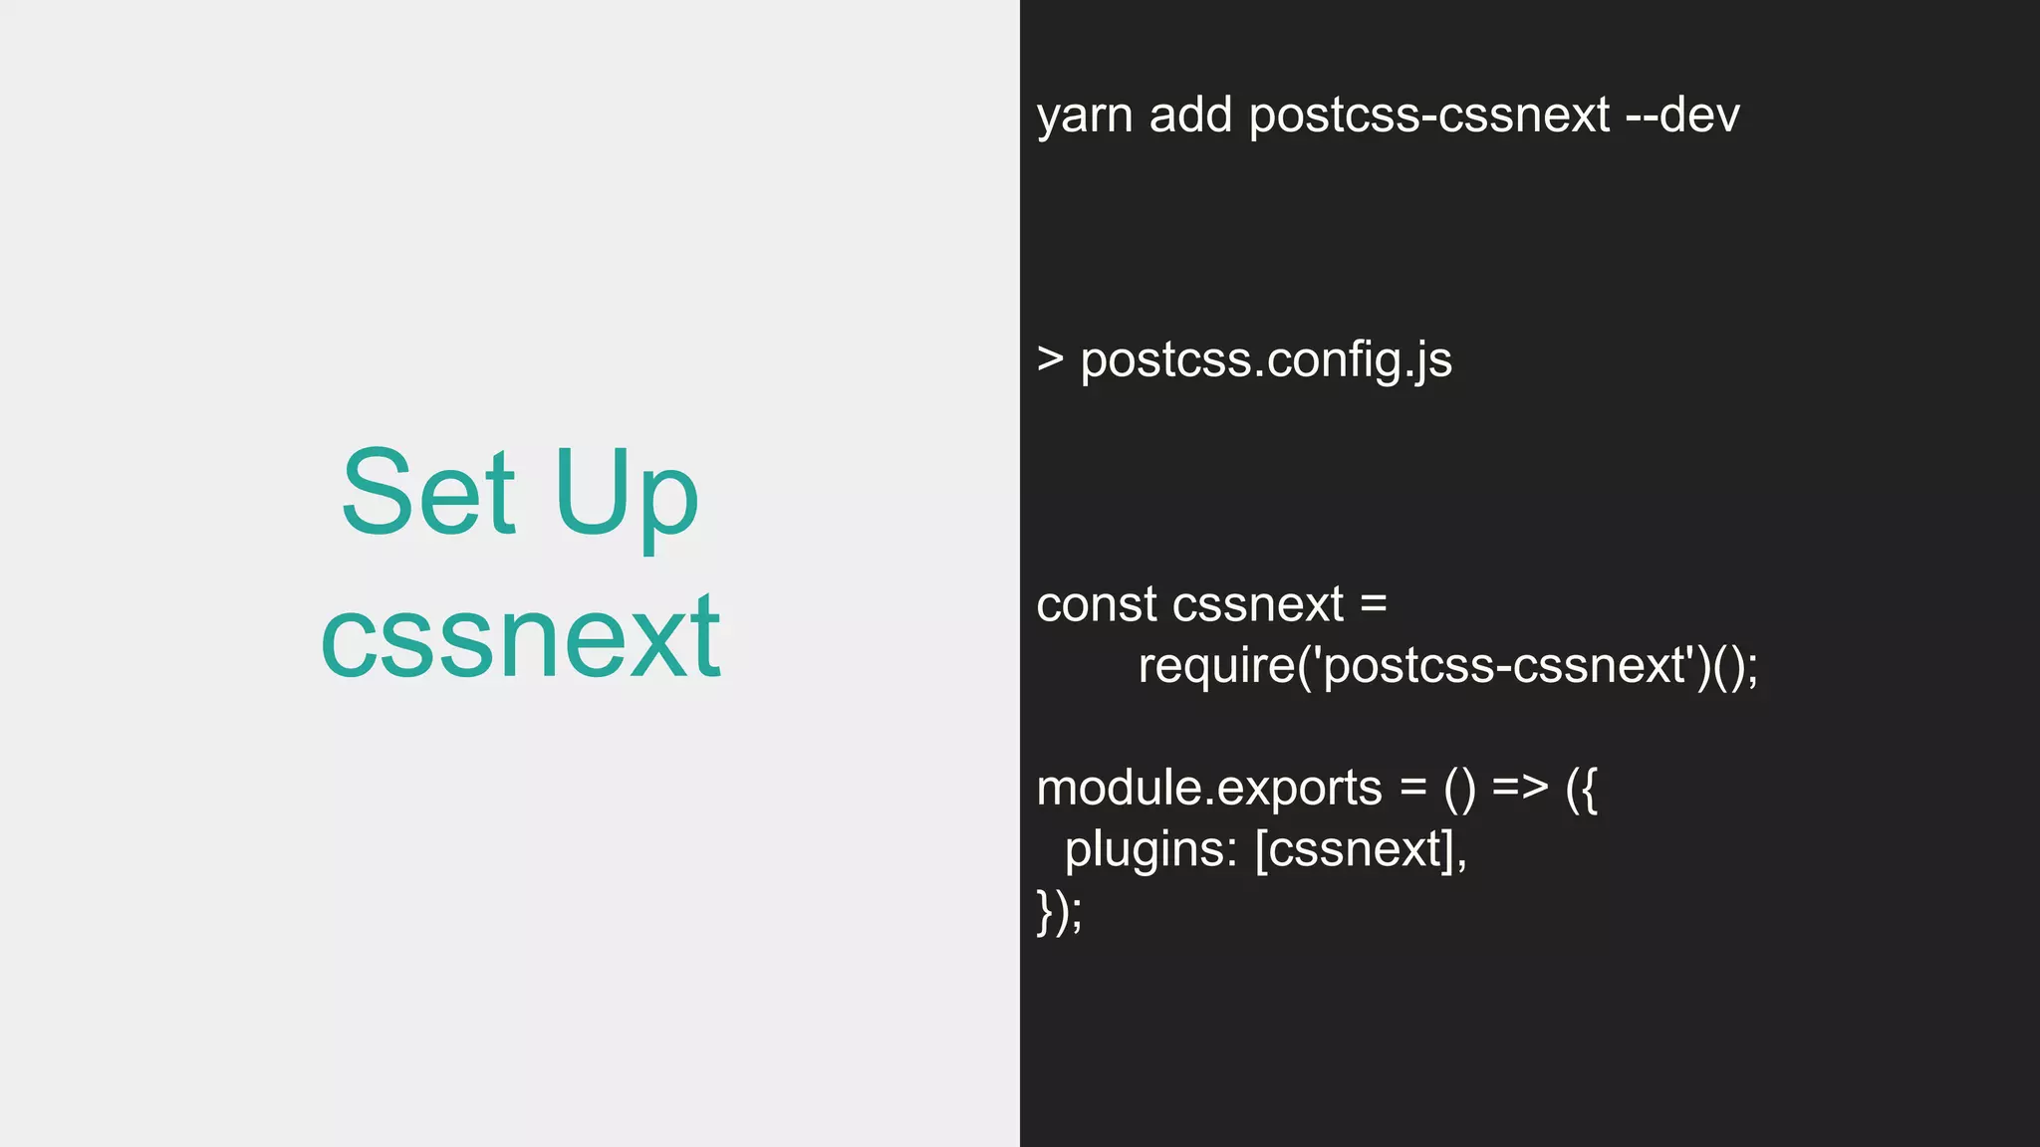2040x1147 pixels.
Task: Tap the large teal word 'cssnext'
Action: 520,637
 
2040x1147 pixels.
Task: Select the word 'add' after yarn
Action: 1190,115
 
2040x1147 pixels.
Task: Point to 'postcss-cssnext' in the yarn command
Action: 1428,115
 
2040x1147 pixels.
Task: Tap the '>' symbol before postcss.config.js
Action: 1050,359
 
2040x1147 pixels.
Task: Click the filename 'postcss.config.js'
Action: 1266,360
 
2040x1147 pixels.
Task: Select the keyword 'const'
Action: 1096,604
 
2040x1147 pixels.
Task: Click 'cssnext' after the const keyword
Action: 1258,604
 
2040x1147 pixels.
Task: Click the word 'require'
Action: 1216,666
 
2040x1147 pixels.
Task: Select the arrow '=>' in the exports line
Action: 1520,788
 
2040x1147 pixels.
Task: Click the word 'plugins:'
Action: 1150,849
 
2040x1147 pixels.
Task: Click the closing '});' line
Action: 1059,911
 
